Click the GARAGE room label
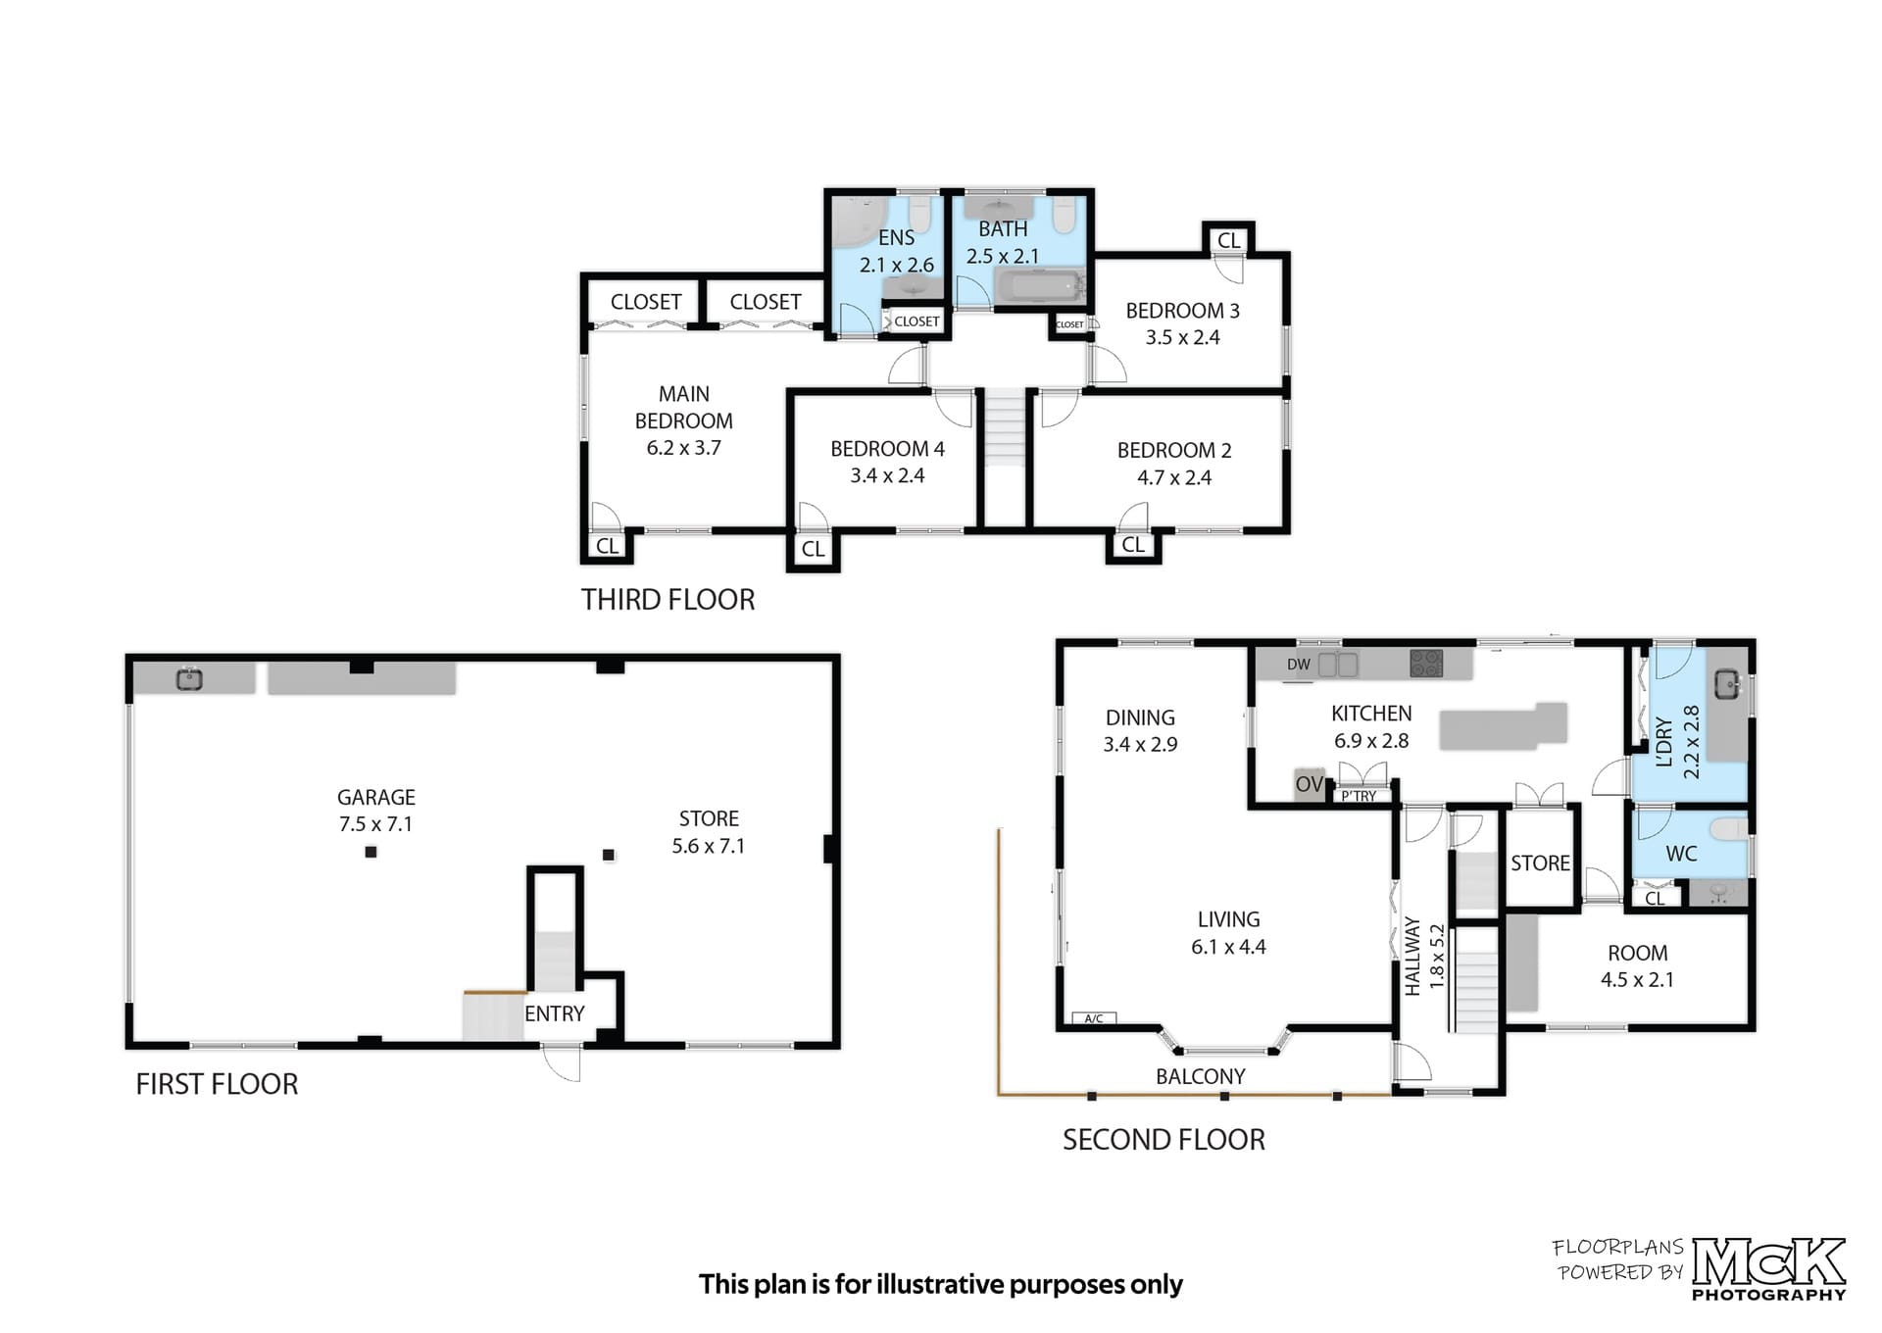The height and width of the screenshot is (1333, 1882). pyautogui.click(x=376, y=798)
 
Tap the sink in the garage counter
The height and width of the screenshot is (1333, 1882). pyautogui.click(x=189, y=678)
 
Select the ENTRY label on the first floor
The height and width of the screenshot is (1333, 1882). pyautogui.click(x=554, y=1014)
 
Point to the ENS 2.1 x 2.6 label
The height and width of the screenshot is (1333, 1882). pyautogui.click(x=897, y=251)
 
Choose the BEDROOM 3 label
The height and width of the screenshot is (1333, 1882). pyautogui.click(x=1182, y=311)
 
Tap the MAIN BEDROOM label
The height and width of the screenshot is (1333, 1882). pyautogui.click(x=684, y=408)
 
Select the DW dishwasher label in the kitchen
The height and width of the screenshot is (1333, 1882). pyautogui.click(x=1299, y=665)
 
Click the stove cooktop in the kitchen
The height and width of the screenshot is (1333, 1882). pyautogui.click(x=1426, y=664)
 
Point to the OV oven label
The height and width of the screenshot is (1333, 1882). pyautogui.click(x=1310, y=785)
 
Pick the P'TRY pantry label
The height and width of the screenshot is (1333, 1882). pyautogui.click(x=1360, y=797)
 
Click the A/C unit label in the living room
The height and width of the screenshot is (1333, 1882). pyautogui.click(x=1094, y=1019)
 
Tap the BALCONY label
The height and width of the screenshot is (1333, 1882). pyautogui.click(x=1201, y=1077)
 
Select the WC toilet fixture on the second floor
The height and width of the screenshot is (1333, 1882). pyautogui.click(x=1729, y=830)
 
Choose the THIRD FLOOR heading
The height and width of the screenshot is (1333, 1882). pyautogui.click(x=669, y=600)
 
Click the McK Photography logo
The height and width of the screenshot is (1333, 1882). pyautogui.click(x=1769, y=1269)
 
